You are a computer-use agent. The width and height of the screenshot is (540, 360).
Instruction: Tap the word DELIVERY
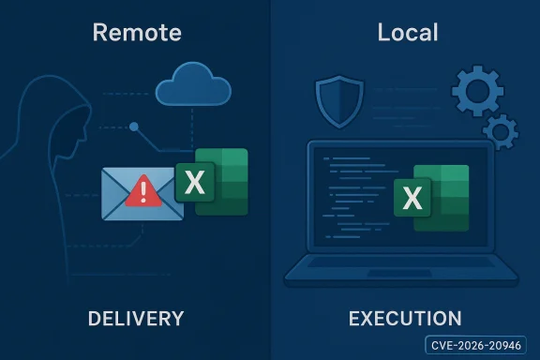pyautogui.click(x=135, y=319)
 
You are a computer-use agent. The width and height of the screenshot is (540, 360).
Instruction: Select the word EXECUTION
pyautogui.click(x=404, y=319)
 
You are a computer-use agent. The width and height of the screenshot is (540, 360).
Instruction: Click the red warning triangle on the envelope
pyautogui.click(x=142, y=192)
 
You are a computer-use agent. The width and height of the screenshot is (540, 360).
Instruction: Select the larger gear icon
pyautogui.click(x=478, y=91)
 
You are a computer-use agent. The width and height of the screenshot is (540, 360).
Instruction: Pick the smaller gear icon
pyautogui.click(x=500, y=130)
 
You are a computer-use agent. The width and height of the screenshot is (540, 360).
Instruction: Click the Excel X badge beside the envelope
pyautogui.click(x=194, y=182)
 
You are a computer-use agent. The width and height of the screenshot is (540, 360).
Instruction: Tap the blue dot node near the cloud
pyautogui.click(x=135, y=126)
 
